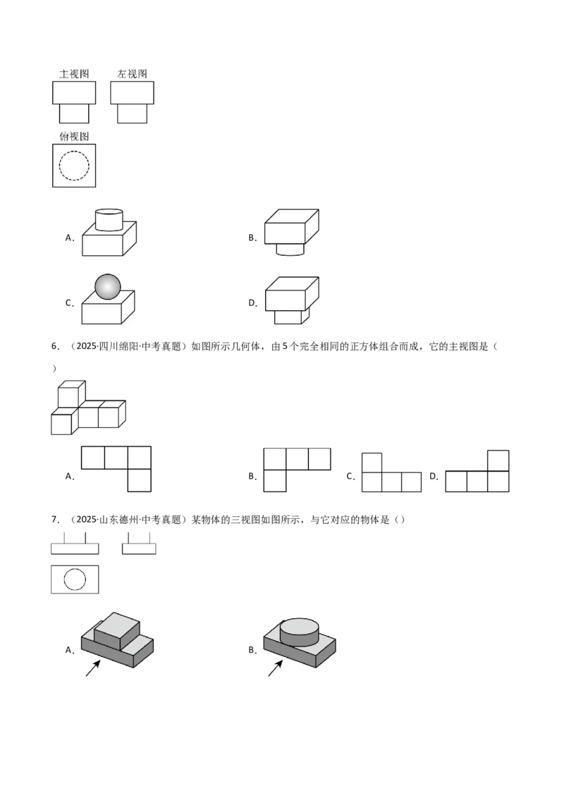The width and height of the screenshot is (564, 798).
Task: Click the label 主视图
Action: pos(74,74)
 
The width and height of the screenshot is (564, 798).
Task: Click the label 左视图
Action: pos(132,74)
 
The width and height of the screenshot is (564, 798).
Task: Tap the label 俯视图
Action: pos(74,136)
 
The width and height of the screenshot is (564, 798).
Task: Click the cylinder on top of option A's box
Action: pos(109,219)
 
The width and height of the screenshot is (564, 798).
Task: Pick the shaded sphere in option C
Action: pos(108,287)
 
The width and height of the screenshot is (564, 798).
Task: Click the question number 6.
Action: pos(55,347)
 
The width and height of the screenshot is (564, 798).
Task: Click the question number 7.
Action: pos(55,520)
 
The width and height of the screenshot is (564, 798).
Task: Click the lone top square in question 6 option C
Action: pos(372,462)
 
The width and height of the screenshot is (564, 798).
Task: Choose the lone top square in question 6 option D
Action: pos(498,460)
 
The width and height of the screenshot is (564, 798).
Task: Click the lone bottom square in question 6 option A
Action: pos(140,481)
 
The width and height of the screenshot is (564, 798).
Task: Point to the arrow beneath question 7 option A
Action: pos(92,668)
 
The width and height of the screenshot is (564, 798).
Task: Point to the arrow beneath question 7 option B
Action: pos(276,668)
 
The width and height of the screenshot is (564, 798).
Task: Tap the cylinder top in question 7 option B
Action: pos(300,625)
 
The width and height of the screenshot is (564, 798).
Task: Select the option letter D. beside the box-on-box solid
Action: pos(253,303)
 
